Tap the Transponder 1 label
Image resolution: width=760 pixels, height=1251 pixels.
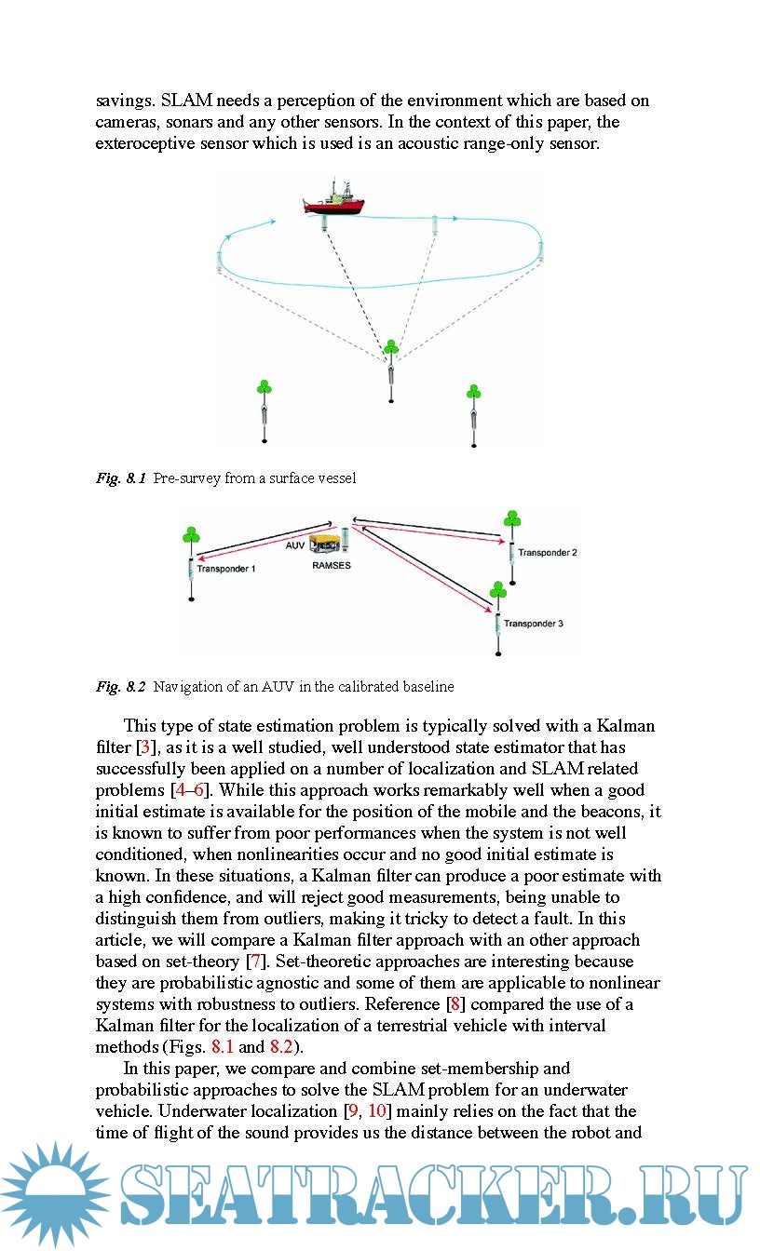pos(226,568)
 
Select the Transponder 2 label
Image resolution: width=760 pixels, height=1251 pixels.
pos(548,552)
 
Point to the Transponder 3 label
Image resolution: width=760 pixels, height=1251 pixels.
pos(534,623)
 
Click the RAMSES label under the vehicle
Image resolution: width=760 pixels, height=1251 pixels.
pos(332,564)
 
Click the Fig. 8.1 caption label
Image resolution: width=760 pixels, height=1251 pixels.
pos(121,478)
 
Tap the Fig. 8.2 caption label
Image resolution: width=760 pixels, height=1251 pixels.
pos(121,687)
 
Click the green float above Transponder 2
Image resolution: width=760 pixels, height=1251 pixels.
pos(510,518)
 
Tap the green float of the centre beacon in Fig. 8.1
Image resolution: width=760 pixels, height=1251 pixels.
pos(391,347)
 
